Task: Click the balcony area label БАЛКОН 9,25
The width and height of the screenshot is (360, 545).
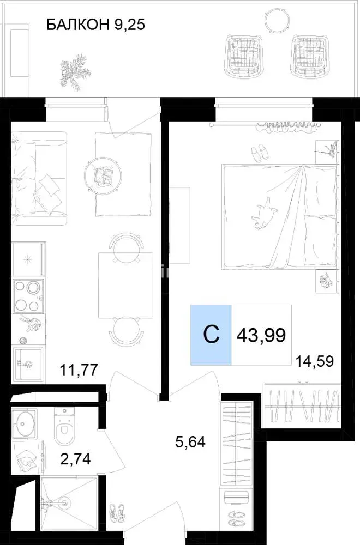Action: [x=95, y=25]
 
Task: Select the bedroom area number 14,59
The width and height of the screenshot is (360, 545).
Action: [x=314, y=361]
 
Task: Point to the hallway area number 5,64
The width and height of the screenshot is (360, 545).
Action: [x=190, y=442]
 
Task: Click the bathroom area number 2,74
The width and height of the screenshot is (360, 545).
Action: [x=75, y=459]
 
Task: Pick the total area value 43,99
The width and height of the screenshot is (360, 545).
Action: [x=261, y=335]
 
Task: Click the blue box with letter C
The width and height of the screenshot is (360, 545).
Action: [x=211, y=335]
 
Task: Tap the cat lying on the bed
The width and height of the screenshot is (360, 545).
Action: [x=263, y=214]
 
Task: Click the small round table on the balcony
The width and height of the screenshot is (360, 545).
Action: [x=276, y=19]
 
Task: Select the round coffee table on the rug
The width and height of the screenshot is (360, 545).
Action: [x=103, y=174]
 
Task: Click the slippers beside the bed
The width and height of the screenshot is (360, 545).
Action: [x=260, y=153]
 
